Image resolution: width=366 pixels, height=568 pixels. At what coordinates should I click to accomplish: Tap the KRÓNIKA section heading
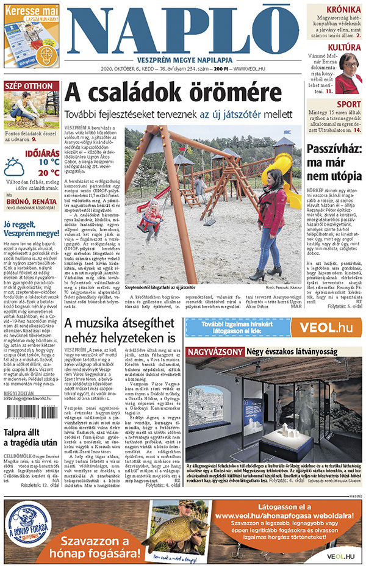(342, 10)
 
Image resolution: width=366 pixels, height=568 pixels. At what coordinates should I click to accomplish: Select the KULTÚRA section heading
(343, 47)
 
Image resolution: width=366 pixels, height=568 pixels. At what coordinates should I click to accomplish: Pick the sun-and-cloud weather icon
(15, 167)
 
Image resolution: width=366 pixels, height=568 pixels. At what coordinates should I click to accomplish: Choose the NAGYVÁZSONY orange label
(214, 352)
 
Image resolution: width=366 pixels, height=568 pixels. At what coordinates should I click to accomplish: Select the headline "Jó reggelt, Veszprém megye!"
(31, 228)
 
